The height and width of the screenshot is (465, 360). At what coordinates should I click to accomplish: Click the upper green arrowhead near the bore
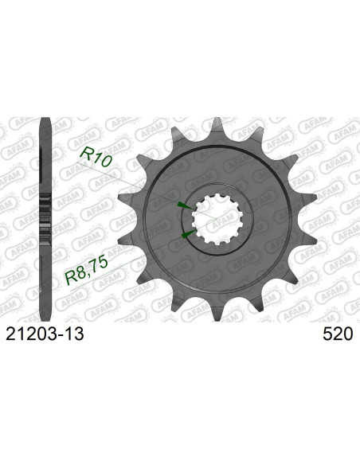point(182,205)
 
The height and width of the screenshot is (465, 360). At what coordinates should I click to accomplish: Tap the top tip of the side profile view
point(45,121)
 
